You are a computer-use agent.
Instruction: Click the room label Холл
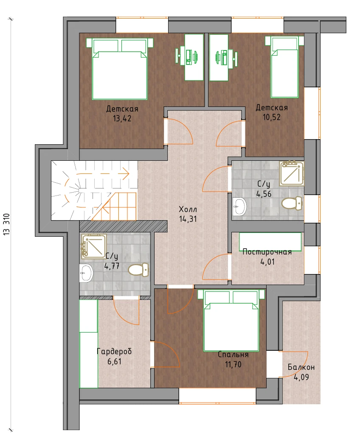click(188, 210)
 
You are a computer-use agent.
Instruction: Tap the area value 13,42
click(122, 118)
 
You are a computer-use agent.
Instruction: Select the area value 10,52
click(272, 117)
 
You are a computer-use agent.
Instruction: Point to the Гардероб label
click(114, 351)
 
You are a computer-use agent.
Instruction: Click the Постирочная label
click(267, 252)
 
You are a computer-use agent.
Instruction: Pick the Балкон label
click(301, 367)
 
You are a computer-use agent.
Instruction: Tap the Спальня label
click(233, 354)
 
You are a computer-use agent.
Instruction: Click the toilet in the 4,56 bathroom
click(292, 203)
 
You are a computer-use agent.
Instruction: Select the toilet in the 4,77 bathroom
click(138, 270)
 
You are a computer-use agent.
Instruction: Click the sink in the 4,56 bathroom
click(240, 206)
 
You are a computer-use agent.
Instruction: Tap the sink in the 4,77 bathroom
click(86, 273)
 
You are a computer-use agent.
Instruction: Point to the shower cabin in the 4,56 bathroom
click(292, 173)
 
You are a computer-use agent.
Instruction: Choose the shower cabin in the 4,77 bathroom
click(94, 246)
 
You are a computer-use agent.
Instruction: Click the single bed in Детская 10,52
click(284, 67)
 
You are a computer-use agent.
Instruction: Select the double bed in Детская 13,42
click(120, 69)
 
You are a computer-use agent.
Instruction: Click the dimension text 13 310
click(6, 224)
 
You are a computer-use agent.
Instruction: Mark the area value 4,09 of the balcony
click(301, 377)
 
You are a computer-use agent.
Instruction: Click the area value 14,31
click(188, 219)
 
